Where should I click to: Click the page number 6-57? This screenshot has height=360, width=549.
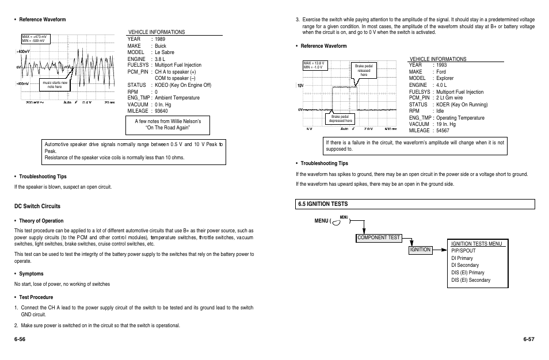point(529,339)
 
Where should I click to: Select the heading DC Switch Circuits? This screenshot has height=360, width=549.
point(37,206)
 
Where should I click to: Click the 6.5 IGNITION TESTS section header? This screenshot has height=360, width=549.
point(323,204)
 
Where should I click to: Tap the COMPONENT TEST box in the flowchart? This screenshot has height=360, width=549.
point(378,237)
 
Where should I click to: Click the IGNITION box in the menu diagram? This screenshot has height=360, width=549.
point(421,250)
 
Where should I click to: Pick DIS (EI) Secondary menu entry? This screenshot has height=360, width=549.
point(471,280)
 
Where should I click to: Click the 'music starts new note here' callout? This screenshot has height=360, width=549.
point(55,85)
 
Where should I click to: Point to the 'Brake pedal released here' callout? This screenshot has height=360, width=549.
point(364,71)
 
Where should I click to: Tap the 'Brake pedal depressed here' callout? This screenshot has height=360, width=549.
point(341,119)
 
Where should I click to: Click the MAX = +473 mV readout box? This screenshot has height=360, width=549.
point(35,39)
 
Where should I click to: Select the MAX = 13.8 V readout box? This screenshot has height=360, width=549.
point(315,65)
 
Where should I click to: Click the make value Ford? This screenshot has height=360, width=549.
point(441,72)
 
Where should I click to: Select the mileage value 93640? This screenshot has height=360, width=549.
point(161,111)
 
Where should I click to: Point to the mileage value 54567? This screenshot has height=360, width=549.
point(443,131)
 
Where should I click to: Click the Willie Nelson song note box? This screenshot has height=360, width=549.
point(167,124)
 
